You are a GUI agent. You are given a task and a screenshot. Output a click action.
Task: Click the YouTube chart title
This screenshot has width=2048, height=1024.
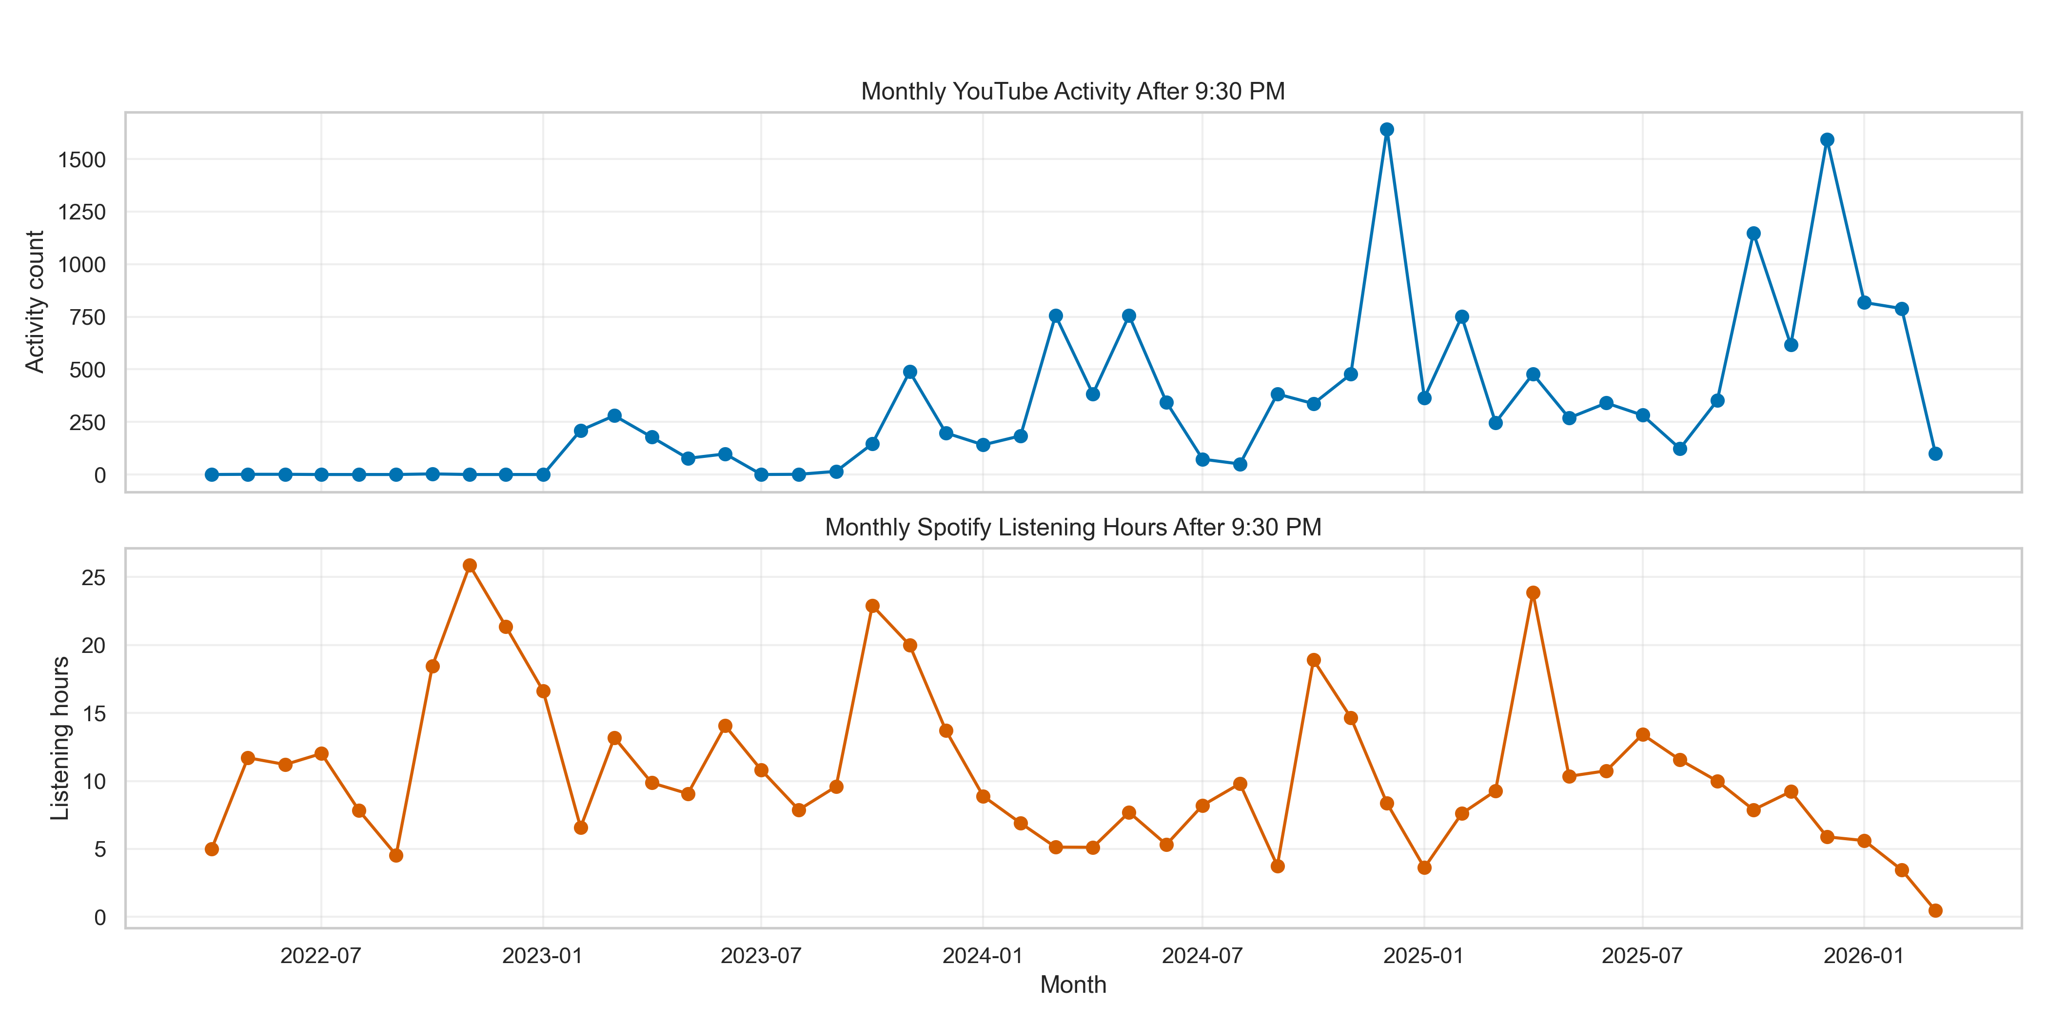pyautogui.click(x=1072, y=92)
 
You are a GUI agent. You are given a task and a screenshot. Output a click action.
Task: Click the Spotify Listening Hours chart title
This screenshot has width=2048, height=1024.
pyautogui.click(x=1072, y=527)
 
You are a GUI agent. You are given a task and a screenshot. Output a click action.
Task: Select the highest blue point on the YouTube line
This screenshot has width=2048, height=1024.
pyautogui.click(x=1386, y=130)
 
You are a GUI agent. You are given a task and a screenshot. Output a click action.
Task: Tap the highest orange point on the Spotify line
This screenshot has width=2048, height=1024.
pyautogui.click(x=470, y=565)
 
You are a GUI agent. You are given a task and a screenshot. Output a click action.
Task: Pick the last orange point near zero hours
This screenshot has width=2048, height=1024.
pyautogui.click(x=1935, y=910)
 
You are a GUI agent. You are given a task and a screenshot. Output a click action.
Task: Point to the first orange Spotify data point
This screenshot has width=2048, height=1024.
pyautogui.click(x=212, y=849)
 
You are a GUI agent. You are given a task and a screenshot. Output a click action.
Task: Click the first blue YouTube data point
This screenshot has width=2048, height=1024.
pyautogui.click(x=212, y=474)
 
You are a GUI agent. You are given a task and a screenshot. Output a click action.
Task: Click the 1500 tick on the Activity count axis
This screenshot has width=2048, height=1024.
pyautogui.click(x=82, y=160)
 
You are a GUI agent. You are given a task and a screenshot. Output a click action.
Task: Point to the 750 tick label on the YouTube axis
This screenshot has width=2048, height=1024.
pyautogui.click(x=87, y=317)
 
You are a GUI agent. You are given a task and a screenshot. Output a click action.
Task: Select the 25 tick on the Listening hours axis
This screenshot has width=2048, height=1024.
pyautogui.click(x=94, y=578)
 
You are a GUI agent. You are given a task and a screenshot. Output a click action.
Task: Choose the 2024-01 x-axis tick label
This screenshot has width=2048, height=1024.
pyautogui.click(x=982, y=956)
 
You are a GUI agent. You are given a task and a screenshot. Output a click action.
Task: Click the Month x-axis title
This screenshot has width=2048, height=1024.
pyautogui.click(x=1072, y=985)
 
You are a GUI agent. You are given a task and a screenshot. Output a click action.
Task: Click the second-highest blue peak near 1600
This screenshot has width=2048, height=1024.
pyautogui.click(x=1827, y=140)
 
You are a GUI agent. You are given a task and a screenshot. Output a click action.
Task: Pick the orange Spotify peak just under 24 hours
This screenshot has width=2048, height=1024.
pyautogui.click(x=1533, y=593)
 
